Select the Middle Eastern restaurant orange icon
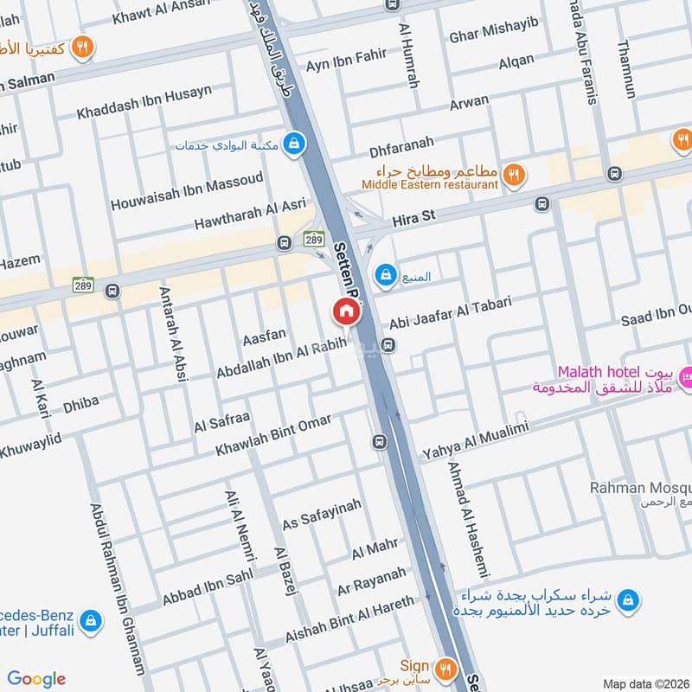[514, 175]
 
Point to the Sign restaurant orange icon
[446, 667]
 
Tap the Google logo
[36, 679]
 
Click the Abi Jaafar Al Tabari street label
[451, 314]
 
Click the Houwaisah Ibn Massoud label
[186, 192]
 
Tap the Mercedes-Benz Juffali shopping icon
[90, 619]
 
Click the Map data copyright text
[645, 683]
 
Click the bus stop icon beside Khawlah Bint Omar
[379, 442]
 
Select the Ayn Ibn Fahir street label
[346, 57]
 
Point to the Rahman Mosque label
[640, 489]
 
